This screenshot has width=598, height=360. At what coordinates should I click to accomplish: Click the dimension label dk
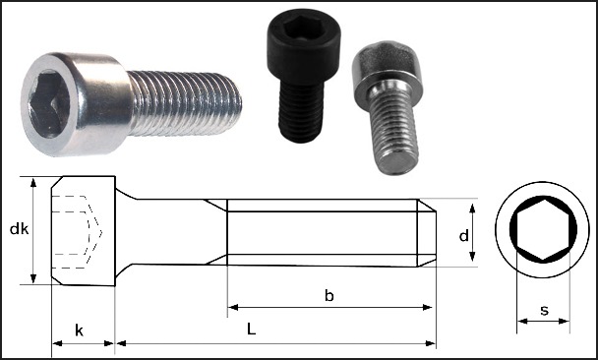coord(19,229)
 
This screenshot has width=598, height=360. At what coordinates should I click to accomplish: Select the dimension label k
coord(79,330)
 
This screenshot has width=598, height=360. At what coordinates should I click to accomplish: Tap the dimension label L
coord(251,329)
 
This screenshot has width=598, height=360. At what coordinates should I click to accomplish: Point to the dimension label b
coord(329,295)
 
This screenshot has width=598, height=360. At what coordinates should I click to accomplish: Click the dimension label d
coord(464,236)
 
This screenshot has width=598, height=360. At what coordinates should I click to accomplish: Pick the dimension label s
coord(544,310)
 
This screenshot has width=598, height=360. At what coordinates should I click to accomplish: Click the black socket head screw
coord(303,75)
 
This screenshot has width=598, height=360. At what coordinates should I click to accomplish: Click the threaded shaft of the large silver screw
coord(185,103)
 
